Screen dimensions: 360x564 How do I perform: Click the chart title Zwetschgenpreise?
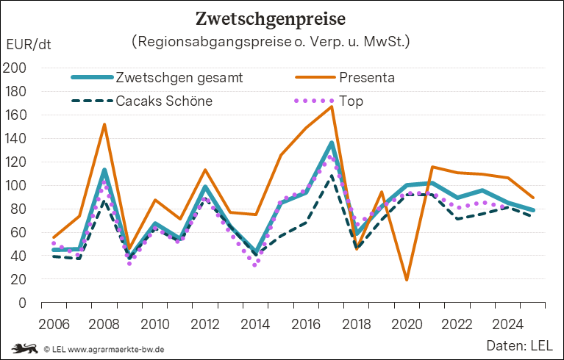click(281, 16)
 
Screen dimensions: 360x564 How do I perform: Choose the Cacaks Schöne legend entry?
click(164, 101)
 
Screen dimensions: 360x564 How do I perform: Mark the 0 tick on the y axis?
click(21, 303)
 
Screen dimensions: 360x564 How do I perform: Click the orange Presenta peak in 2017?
click(332, 107)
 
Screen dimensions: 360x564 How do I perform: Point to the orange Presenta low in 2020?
click(406, 280)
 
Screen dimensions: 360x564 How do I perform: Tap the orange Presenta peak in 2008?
click(104, 124)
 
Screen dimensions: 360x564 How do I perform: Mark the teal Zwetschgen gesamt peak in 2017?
click(332, 143)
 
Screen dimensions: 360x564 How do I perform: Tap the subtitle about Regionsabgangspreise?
click(271, 42)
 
